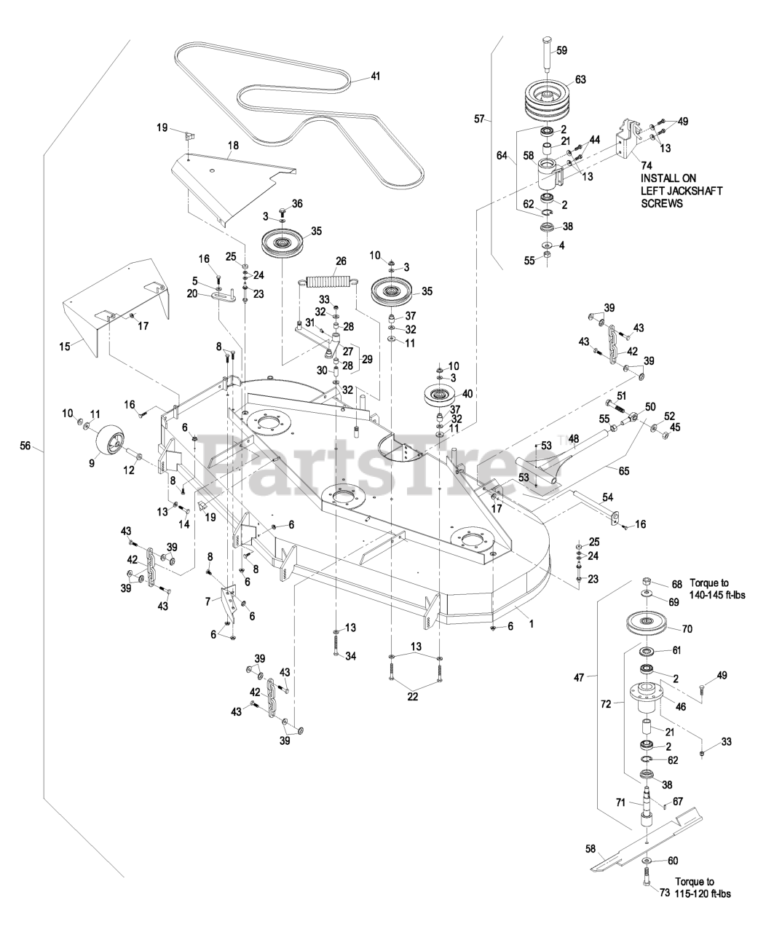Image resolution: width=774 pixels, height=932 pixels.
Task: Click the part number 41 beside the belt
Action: (376, 76)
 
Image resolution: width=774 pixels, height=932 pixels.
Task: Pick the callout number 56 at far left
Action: (25, 445)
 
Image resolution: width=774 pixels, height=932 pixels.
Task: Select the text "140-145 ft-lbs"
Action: (718, 595)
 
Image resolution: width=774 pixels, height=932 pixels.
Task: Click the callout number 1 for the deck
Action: (532, 624)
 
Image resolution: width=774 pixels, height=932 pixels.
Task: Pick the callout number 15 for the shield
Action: (65, 346)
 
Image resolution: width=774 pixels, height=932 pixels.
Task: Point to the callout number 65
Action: (623, 470)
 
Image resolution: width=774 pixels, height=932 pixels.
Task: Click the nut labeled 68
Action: (647, 581)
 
